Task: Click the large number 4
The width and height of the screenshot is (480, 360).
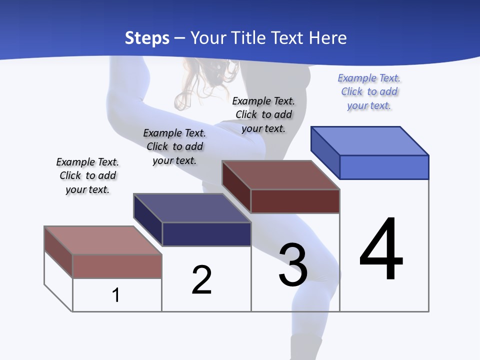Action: click(x=381, y=250)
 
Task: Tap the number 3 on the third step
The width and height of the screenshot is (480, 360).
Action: click(x=293, y=265)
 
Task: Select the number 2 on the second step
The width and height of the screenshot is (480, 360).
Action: click(x=202, y=280)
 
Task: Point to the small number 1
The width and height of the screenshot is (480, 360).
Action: click(x=116, y=295)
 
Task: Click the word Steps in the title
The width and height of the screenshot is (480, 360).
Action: click(x=147, y=38)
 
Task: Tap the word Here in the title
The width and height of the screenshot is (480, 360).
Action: click(x=328, y=38)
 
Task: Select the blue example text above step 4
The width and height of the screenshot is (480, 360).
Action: click(x=369, y=92)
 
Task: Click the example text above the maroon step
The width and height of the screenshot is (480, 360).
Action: click(x=263, y=114)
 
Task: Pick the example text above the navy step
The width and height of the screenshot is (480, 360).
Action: click(x=174, y=146)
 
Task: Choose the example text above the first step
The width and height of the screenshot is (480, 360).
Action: click(x=87, y=175)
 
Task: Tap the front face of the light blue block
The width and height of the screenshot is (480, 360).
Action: click(x=384, y=167)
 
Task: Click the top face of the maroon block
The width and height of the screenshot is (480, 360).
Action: click(x=280, y=175)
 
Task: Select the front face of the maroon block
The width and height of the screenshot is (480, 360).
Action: click(x=295, y=201)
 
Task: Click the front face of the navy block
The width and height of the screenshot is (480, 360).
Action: click(x=206, y=234)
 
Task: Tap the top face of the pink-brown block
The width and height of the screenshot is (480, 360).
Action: click(x=102, y=240)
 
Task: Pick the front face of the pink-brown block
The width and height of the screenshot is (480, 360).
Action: click(x=117, y=266)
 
